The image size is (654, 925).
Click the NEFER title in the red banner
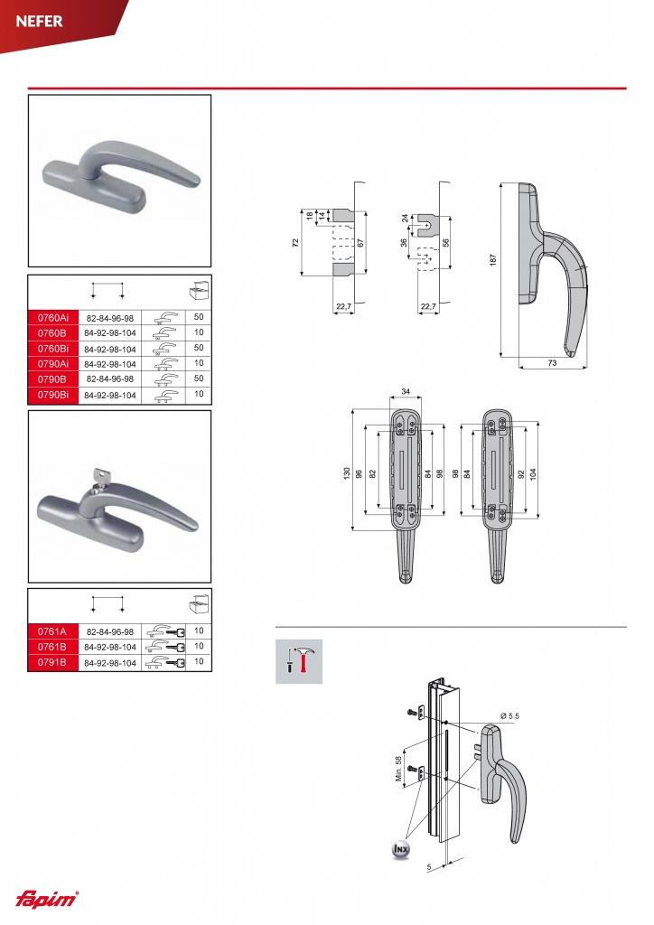[x=39, y=22]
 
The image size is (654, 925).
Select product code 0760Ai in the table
[x=53, y=317]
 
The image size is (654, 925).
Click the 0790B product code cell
[x=53, y=378]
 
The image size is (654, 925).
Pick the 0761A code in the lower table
[x=53, y=631]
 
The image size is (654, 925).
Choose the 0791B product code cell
[x=53, y=662]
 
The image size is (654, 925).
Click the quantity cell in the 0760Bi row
[x=199, y=348]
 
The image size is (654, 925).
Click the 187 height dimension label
[x=493, y=259]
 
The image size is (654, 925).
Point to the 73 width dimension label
[x=552, y=363]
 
